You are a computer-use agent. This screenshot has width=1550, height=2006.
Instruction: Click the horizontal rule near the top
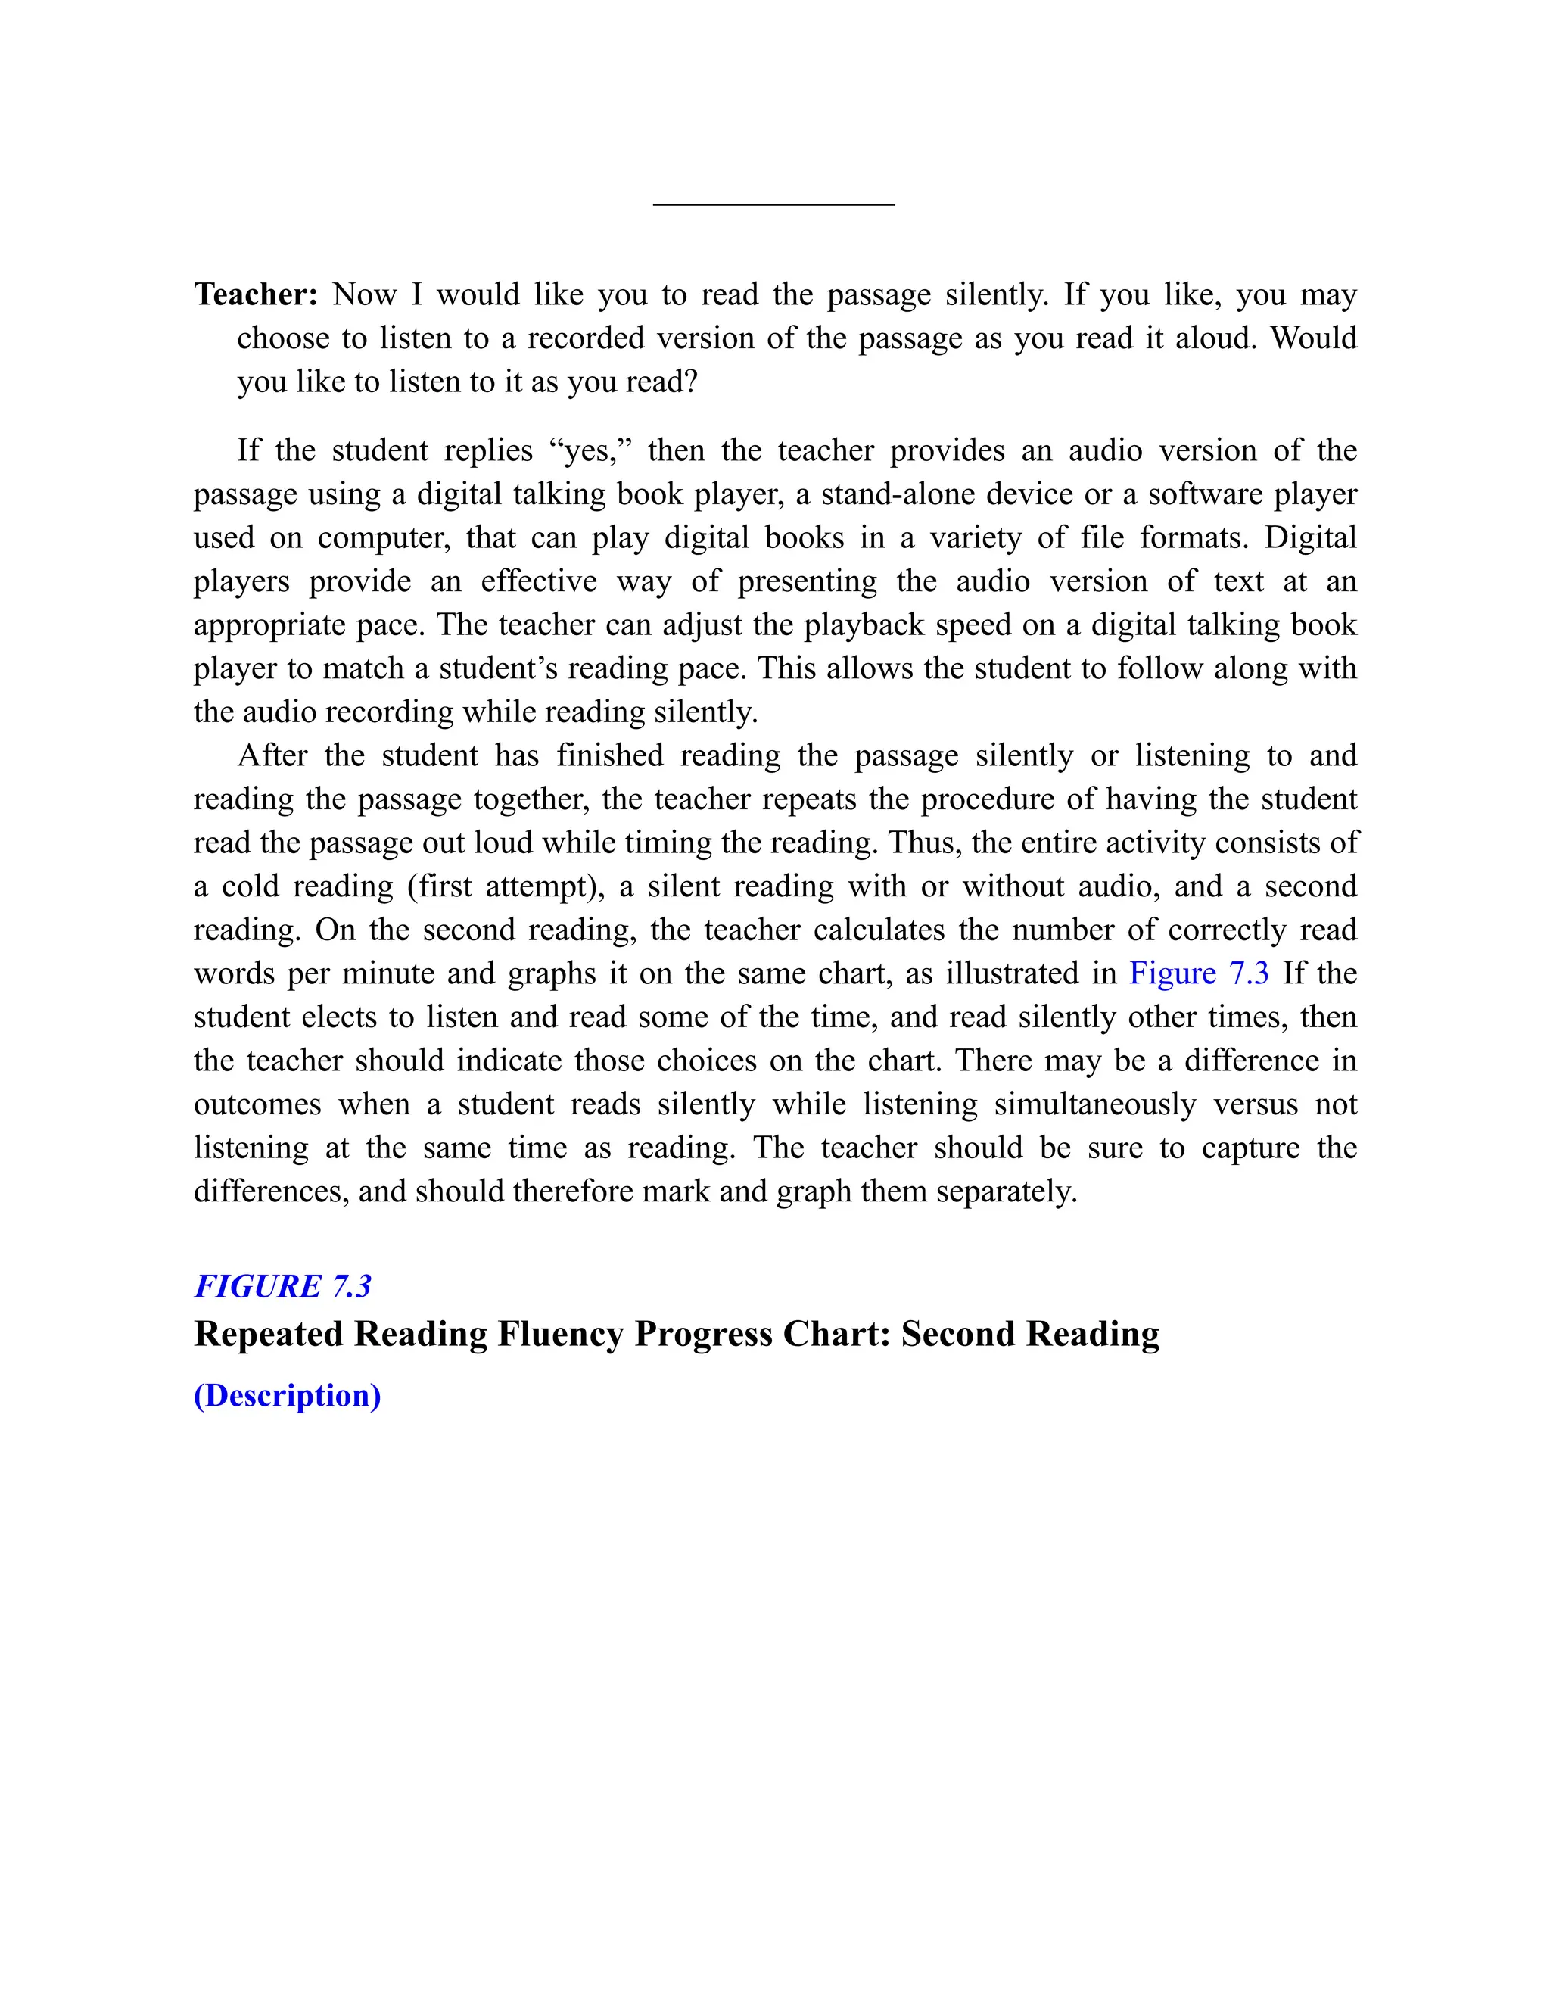[x=773, y=204]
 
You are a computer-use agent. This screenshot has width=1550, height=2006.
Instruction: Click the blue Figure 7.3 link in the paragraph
[x=1198, y=973]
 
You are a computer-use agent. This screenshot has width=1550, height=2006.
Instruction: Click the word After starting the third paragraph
[x=272, y=755]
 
